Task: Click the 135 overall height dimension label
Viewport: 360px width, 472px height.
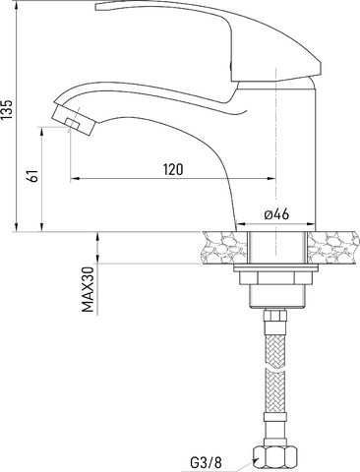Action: coord(8,108)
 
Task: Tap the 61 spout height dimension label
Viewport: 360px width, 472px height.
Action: coord(33,176)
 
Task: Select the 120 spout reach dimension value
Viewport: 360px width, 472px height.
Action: coord(173,169)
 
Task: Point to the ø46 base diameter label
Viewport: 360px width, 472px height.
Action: coord(276,214)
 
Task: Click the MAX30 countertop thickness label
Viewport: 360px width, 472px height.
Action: coord(88,289)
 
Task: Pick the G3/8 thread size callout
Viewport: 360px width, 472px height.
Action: coord(206,462)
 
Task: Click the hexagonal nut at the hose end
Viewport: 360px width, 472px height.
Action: coord(275,458)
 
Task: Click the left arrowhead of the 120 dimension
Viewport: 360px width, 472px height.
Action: coord(75,179)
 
